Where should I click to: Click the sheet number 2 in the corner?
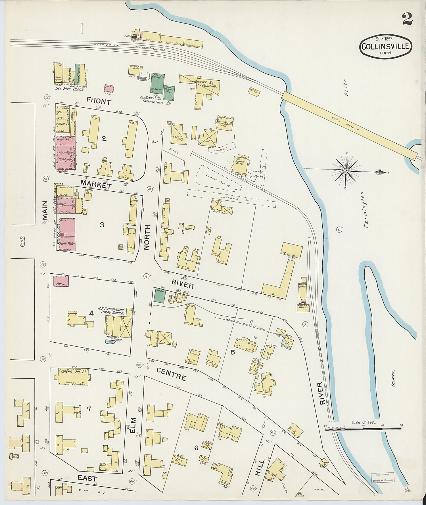point(407,19)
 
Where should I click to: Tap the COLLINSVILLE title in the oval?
point(386,46)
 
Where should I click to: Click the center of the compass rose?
point(346,170)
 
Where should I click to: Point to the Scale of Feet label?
point(363,422)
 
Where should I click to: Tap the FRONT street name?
point(99,101)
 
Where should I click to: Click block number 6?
point(196,448)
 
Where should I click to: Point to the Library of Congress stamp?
point(382,477)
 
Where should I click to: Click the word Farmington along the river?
point(366,209)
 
